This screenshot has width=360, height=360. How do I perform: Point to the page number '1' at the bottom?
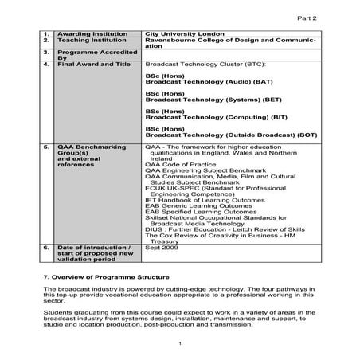[x=182, y=343]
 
